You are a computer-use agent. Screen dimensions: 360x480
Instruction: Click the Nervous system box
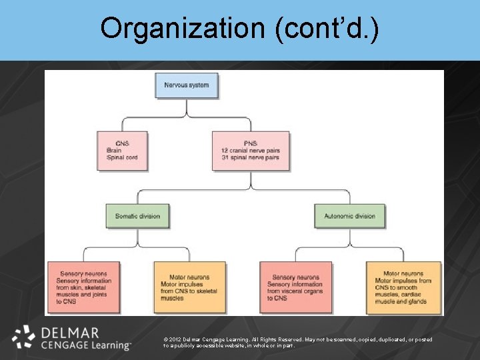[187, 85]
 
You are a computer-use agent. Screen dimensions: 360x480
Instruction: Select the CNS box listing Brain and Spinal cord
[122, 151]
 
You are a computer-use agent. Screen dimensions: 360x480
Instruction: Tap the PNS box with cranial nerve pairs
[251, 151]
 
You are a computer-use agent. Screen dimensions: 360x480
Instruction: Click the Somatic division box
[137, 216]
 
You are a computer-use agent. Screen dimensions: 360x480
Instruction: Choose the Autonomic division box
[349, 216]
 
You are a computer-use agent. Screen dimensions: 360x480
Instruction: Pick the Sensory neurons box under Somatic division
[84, 287]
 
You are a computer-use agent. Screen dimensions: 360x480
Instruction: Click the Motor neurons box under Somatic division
[189, 287]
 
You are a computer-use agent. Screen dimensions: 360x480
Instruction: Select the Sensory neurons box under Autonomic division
[296, 287]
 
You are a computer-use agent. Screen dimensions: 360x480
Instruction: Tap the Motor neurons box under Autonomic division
[403, 287]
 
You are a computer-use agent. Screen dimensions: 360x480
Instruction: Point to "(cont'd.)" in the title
[339, 28]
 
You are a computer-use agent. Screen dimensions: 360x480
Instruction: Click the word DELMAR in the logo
[69, 333]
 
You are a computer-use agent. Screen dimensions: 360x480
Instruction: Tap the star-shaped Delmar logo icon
[24, 337]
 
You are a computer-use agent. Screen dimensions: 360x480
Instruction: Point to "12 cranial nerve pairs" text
[251, 151]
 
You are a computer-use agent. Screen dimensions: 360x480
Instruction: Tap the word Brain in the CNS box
[113, 151]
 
